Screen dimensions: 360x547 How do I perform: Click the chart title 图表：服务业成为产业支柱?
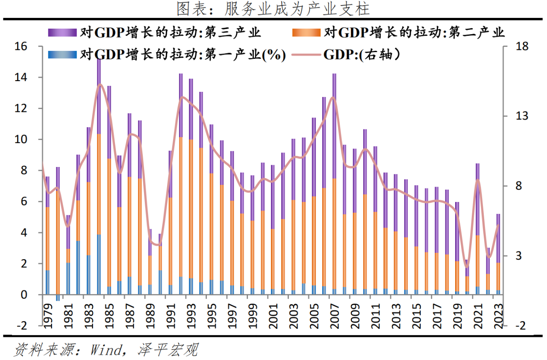[x=273, y=9]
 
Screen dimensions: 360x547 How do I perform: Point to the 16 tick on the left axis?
[x=21, y=47]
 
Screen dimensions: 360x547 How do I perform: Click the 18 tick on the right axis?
[x=522, y=47]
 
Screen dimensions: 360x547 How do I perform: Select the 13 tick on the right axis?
[x=522, y=116]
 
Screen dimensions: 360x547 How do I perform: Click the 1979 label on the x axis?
[x=47, y=315]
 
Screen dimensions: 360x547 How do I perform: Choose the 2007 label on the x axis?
[x=334, y=315]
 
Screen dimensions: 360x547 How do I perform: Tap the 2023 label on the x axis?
[x=498, y=315]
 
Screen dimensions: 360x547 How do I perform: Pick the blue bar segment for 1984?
[x=99, y=265]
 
